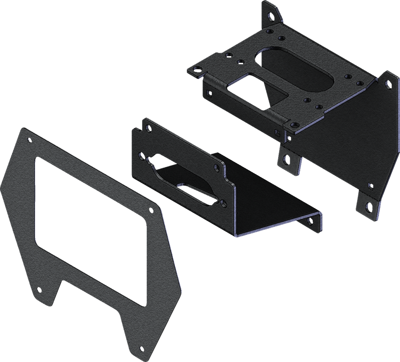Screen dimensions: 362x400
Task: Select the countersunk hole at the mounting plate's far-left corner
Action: click(x=196, y=69)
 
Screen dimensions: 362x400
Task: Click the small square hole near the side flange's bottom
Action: click(x=370, y=185)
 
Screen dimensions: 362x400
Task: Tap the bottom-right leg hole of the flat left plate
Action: click(x=141, y=348)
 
